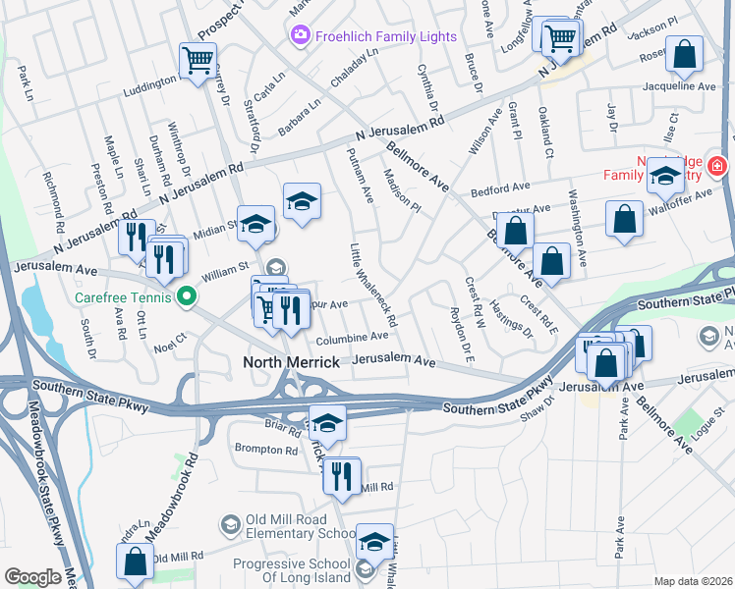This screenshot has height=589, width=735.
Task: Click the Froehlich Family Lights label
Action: tap(387, 36)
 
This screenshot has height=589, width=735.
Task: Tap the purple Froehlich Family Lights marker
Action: tap(301, 36)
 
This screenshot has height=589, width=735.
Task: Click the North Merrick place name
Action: tap(291, 362)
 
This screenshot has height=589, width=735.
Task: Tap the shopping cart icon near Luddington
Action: tap(198, 61)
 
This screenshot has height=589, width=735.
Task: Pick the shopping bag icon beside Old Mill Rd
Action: tap(135, 562)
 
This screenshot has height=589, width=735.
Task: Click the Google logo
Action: tap(32, 577)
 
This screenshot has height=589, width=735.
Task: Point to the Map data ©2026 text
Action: tap(693, 581)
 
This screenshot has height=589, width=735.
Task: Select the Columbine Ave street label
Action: tap(353, 336)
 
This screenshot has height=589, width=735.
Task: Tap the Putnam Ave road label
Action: tap(361, 176)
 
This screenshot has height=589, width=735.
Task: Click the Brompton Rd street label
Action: tap(265, 450)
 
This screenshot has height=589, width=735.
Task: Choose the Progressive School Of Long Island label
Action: tap(292, 571)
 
